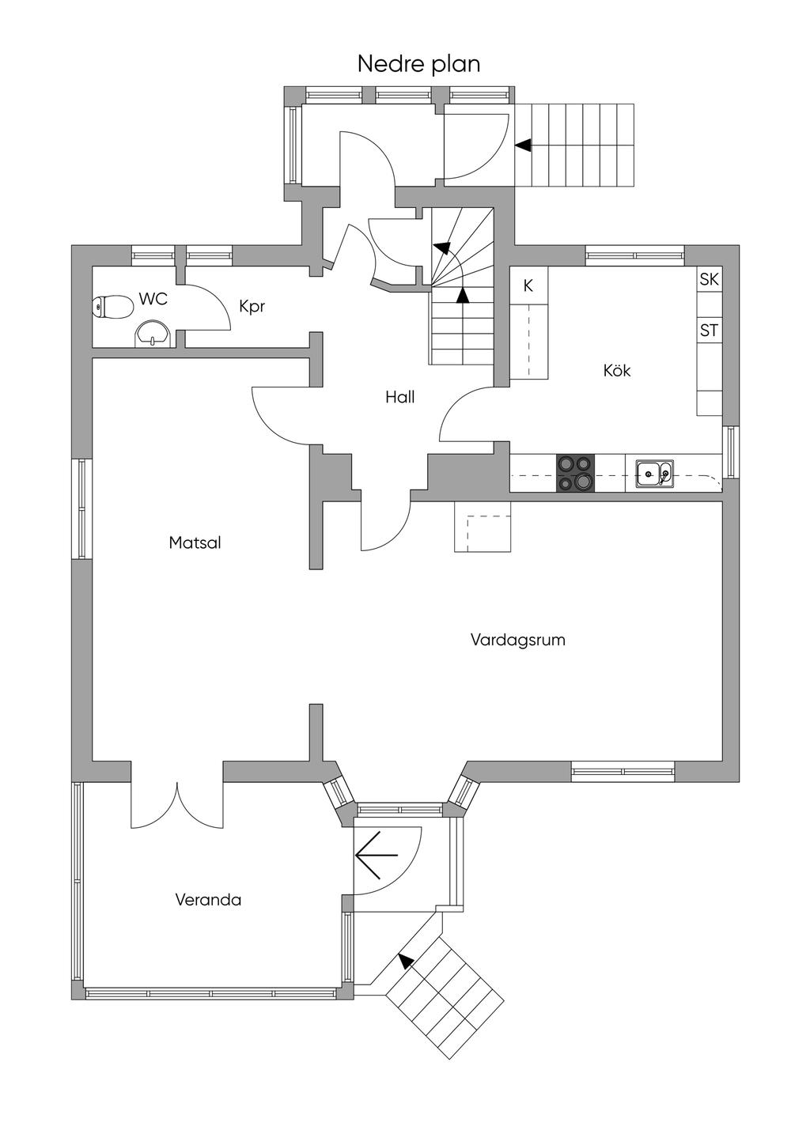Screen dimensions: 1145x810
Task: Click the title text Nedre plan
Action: pyautogui.click(x=418, y=63)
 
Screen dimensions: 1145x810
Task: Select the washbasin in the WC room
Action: pyautogui.click(x=153, y=334)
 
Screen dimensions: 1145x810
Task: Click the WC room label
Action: pyautogui.click(x=153, y=299)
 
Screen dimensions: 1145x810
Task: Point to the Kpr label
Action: pyautogui.click(x=252, y=306)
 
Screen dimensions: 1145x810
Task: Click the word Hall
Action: pyautogui.click(x=399, y=397)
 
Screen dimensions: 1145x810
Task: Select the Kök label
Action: pyautogui.click(x=617, y=370)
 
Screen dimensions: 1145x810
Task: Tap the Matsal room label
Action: pyautogui.click(x=195, y=543)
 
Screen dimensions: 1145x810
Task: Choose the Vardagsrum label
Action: pyautogui.click(x=517, y=640)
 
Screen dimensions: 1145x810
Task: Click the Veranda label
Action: pyautogui.click(x=207, y=900)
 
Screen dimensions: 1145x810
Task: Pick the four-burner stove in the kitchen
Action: pyautogui.click(x=575, y=473)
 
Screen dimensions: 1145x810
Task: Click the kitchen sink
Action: pyautogui.click(x=654, y=474)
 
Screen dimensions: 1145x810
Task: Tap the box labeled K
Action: pyautogui.click(x=528, y=286)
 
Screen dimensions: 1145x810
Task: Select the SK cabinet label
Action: pyautogui.click(x=709, y=279)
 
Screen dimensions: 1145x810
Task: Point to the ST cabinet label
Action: pyautogui.click(x=709, y=331)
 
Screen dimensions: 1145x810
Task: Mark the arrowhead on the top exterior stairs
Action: pyautogui.click(x=523, y=145)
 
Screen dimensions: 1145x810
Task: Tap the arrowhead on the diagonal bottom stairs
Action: pyautogui.click(x=407, y=961)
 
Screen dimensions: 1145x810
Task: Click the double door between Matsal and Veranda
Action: pyautogui.click(x=177, y=804)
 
